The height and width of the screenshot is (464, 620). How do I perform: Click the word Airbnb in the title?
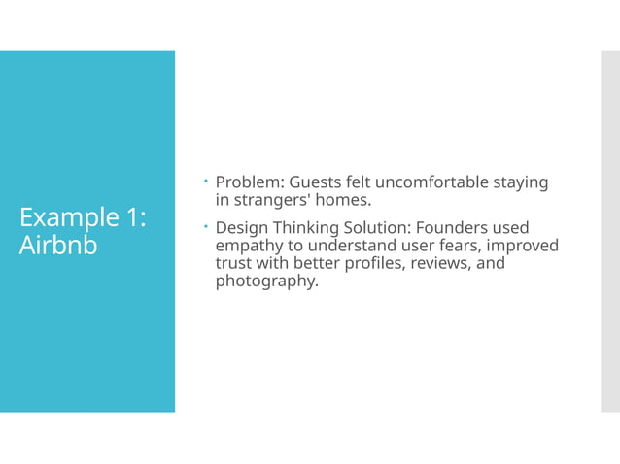(58, 246)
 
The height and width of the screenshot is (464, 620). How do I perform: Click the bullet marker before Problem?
(207, 182)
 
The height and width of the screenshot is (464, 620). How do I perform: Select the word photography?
(266, 282)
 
